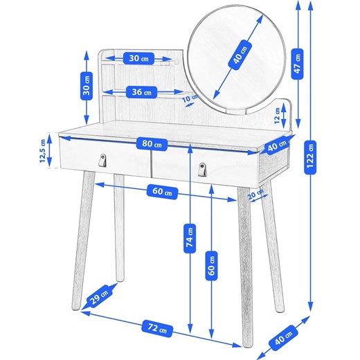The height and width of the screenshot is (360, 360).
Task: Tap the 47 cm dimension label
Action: click(297, 64)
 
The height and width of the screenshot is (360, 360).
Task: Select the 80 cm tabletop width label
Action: click(152, 145)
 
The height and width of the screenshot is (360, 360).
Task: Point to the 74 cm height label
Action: click(190, 238)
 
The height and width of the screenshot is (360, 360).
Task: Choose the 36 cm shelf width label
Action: click(141, 92)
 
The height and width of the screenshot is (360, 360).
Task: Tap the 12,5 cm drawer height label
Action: click(42, 151)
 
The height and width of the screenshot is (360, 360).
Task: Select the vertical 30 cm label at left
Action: click(87, 86)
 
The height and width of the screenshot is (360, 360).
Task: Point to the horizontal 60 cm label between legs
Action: click(162, 192)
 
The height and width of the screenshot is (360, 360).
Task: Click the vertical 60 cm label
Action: click(211, 266)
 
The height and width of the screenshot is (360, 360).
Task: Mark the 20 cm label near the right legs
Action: click(256, 195)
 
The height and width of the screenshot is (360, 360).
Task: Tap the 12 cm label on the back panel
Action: click(277, 116)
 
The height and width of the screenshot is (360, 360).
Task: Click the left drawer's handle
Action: click(102, 160)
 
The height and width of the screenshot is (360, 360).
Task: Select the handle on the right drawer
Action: click(202, 169)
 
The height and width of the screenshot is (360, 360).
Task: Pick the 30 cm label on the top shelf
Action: click(138, 58)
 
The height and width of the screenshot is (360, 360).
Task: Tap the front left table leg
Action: click(83, 240)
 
